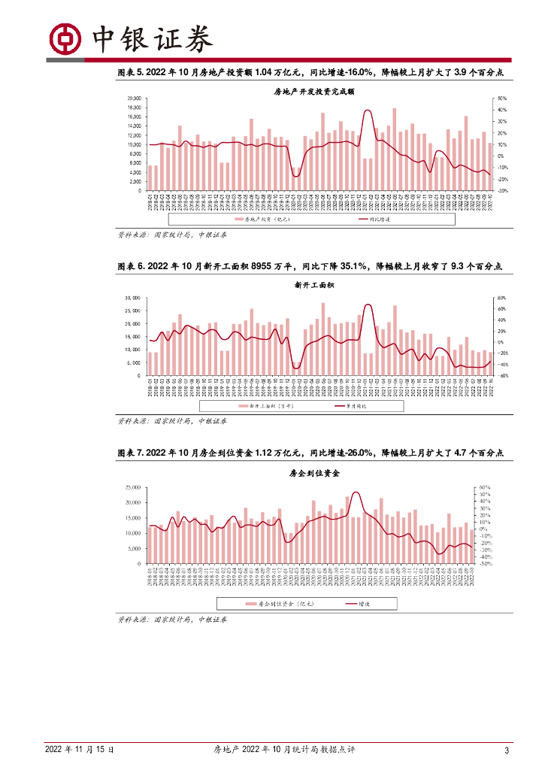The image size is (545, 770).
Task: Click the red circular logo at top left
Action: (64, 36)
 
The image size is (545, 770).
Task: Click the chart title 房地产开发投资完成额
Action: (313, 91)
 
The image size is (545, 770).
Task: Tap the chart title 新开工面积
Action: (314, 285)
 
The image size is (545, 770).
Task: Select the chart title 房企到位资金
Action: (315, 474)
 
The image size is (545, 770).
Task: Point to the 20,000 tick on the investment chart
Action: (134, 99)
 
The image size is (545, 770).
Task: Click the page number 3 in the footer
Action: (507, 750)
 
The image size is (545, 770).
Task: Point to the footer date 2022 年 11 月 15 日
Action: (80, 750)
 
